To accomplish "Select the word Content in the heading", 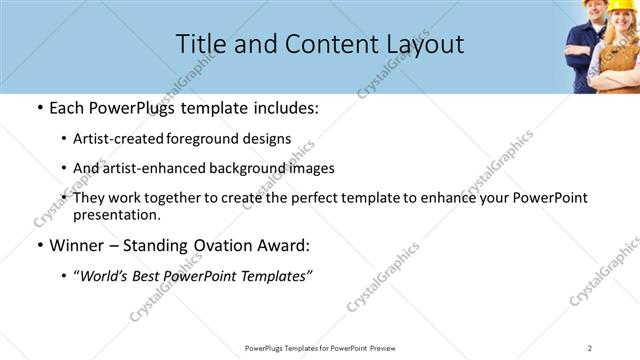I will (316, 44).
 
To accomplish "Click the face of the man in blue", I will (584, 20).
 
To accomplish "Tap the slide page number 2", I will (590, 347).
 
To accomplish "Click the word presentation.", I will (115, 214).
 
